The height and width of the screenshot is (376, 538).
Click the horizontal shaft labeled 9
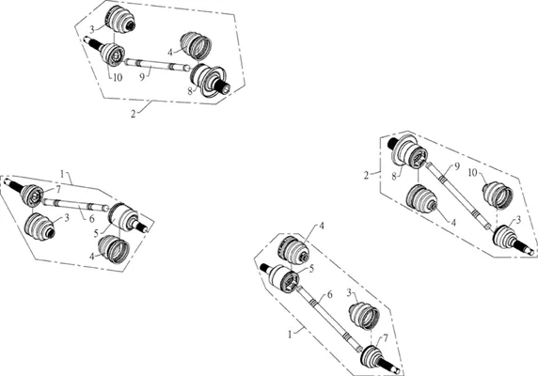(157, 65)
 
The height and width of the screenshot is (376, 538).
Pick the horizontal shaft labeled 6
(75, 204)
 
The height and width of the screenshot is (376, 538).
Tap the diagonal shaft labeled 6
(329, 319)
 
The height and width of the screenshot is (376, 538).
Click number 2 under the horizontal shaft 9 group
(134, 114)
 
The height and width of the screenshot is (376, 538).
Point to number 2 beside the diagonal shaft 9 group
(367, 175)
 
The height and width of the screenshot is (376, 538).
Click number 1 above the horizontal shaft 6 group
(62, 174)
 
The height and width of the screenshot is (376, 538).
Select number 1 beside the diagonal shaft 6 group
(290, 335)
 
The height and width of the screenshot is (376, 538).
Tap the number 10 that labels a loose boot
(473, 172)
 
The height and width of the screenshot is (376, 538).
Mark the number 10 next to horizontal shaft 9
(118, 78)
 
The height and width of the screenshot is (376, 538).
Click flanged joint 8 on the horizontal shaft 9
(209, 81)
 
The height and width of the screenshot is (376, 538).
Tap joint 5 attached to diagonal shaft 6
(280, 277)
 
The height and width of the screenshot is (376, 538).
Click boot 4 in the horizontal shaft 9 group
(196, 46)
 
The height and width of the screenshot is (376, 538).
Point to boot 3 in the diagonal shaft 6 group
(364, 315)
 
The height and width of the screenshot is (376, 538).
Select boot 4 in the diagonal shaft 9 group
(421, 201)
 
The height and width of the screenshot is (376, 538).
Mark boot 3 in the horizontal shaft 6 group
(40, 227)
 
